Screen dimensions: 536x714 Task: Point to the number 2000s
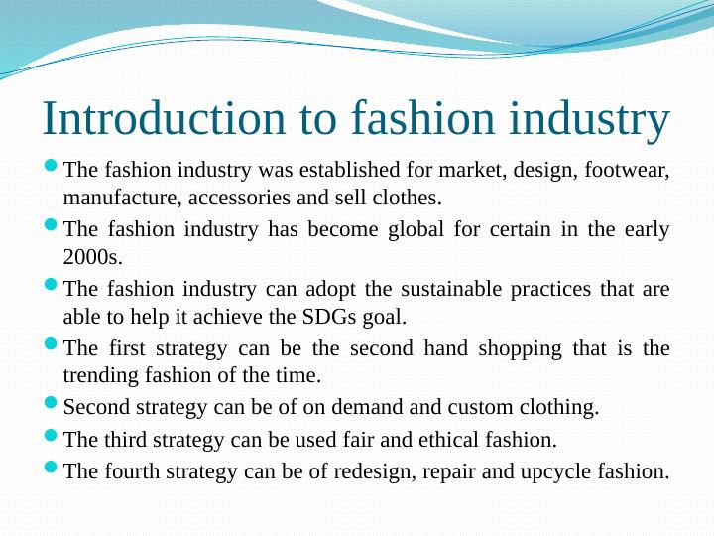pos(92,258)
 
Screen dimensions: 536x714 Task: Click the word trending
pos(100,376)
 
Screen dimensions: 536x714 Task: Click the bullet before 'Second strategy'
pos(52,404)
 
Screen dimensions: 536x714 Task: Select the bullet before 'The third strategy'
pos(52,436)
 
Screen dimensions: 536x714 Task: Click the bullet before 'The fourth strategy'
pos(52,468)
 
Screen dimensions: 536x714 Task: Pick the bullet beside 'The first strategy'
pos(52,345)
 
